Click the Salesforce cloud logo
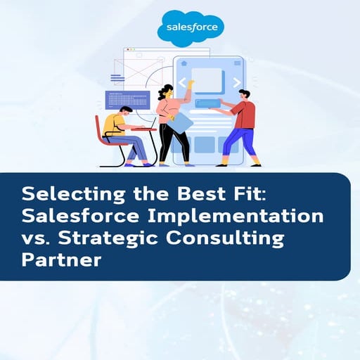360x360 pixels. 191,28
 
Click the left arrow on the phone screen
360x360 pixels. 183,82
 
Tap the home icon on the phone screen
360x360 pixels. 184,63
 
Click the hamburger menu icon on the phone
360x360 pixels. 234,63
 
